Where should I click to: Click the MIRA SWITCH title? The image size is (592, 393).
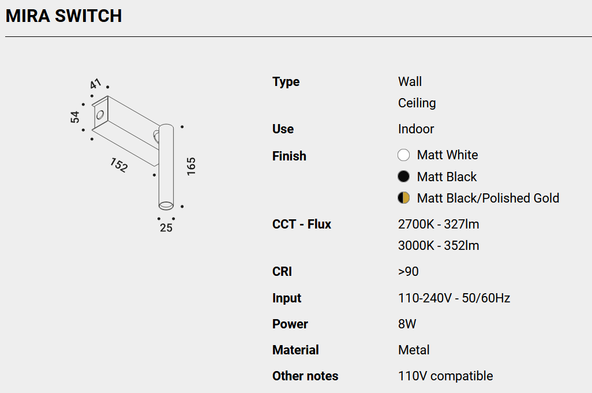[64, 16]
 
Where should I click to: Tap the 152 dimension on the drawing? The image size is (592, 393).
[119, 165]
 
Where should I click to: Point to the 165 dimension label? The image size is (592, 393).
[191, 166]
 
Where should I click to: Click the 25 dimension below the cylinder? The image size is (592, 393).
[166, 228]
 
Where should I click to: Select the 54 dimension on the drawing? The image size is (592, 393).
[75, 117]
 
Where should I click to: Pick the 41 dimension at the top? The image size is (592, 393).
[96, 84]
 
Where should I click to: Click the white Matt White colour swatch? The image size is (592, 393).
[403, 155]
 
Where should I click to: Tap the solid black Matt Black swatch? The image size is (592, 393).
[403, 177]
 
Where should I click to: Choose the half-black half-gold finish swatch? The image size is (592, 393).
[403, 198]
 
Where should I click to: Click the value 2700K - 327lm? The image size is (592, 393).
[439, 224]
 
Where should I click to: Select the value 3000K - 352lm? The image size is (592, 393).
[439, 246]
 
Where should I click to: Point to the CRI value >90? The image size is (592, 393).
[408, 271]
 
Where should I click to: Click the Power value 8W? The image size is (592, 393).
[407, 324]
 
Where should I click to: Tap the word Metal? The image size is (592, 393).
[414, 350]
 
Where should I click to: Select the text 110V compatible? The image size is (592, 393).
[445, 376]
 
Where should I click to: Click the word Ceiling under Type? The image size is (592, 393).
[417, 103]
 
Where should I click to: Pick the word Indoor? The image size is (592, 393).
[415, 129]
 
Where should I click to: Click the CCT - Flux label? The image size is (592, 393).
[301, 224]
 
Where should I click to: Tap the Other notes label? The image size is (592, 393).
[305, 376]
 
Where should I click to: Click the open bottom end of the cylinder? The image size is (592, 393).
[166, 205]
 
